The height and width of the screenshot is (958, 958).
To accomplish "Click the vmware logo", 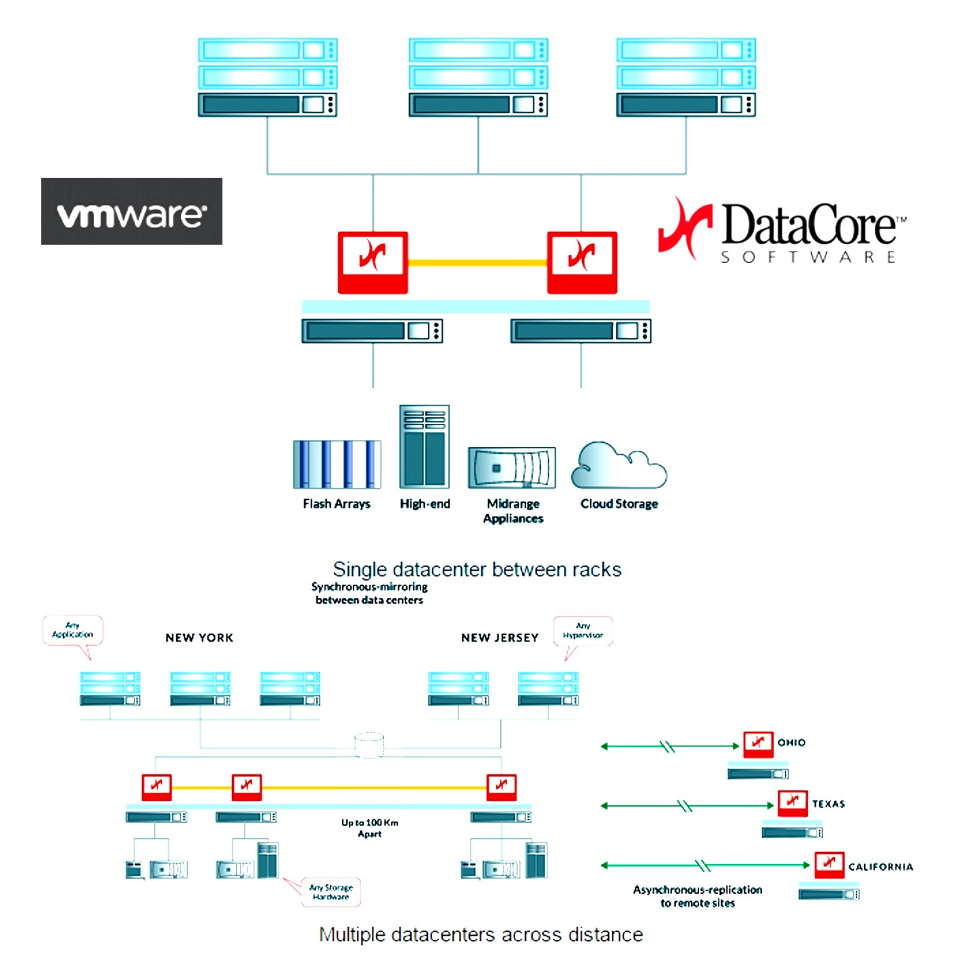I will point(132,212).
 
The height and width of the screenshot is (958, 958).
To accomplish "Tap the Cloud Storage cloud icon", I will point(619,466).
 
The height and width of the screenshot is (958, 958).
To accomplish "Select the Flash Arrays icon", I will point(337,464).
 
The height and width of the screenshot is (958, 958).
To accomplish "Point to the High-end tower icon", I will point(425,447).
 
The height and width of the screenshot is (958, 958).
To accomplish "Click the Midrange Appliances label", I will point(513,511).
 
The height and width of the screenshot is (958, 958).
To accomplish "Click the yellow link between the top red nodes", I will point(477,262).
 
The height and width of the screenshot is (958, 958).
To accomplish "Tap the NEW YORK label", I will point(199,638).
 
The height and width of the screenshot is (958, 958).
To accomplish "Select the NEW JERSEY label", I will point(500,638).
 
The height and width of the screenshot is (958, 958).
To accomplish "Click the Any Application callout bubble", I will point(73,631).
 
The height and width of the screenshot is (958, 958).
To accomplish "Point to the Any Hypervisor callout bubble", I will point(583,631).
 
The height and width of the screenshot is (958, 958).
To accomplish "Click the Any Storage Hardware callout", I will point(331,892).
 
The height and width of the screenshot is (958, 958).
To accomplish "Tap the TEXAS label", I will point(828,804).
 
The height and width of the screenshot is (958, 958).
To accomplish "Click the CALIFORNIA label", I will point(880,867).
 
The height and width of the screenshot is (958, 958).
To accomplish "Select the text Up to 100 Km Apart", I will point(370,828).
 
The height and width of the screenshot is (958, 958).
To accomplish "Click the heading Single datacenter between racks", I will point(477,569).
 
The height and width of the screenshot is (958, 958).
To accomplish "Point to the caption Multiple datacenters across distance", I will point(481,934).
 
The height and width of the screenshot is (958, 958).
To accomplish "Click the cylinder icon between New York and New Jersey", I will point(369,745).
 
